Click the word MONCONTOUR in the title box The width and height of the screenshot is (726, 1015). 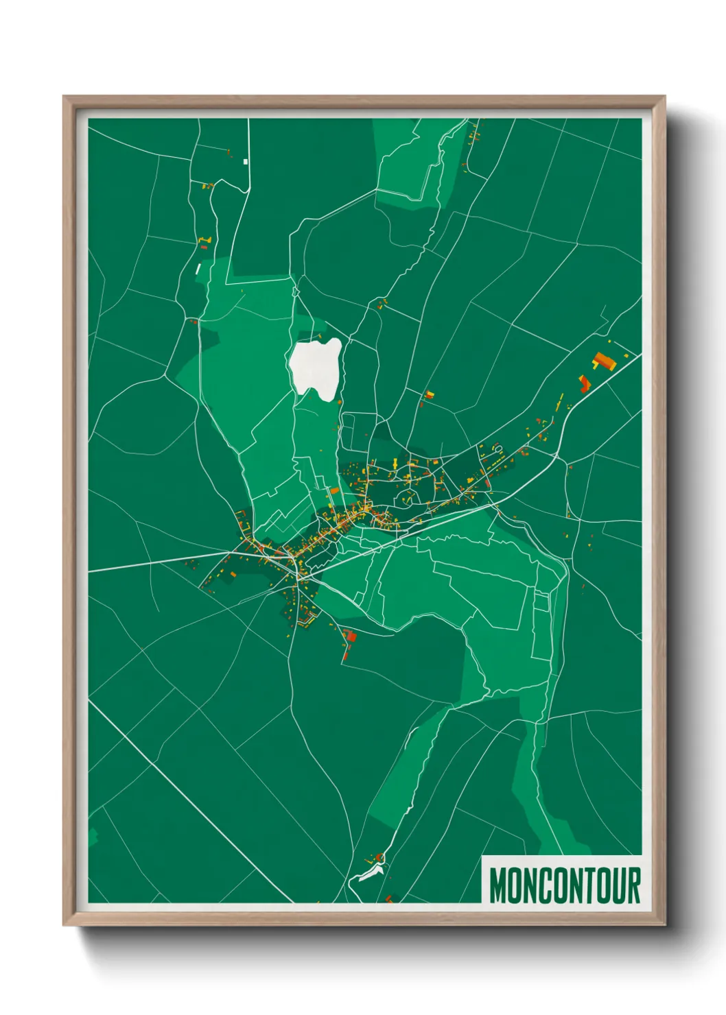(x=565, y=885)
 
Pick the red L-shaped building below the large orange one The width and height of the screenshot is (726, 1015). (x=584, y=383)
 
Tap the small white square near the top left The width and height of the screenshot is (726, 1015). (x=245, y=162)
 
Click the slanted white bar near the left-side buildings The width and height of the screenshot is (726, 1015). (x=198, y=268)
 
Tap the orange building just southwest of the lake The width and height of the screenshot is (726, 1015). (x=335, y=490)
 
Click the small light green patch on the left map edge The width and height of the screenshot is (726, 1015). (x=93, y=837)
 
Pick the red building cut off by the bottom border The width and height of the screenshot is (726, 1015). (x=389, y=898)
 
